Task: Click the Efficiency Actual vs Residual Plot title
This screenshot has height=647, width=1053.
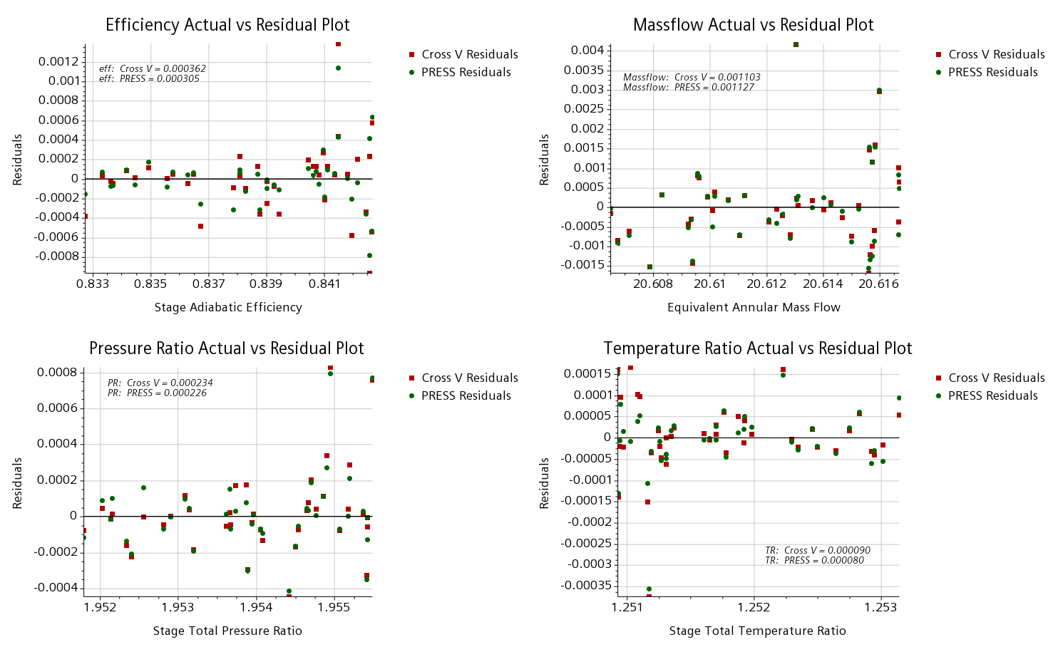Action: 227,25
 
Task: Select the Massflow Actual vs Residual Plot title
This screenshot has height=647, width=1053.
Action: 753,25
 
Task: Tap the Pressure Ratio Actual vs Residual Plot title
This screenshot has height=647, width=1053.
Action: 226,348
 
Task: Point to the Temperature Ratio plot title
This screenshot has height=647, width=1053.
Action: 757,348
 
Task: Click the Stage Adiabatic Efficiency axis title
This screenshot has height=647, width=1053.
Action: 228,307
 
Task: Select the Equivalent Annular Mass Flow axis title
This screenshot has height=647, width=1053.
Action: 754,307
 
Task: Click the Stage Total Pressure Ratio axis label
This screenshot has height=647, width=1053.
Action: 227,631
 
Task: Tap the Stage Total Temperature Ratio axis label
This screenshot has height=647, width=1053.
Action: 757,631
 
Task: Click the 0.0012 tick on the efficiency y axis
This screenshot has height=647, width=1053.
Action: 59,61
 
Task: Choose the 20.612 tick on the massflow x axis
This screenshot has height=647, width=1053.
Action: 766,284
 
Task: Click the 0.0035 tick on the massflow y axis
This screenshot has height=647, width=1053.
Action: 584,70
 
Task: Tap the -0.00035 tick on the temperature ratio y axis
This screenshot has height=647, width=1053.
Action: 587,585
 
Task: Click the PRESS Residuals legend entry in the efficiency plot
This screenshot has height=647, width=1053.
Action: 466,72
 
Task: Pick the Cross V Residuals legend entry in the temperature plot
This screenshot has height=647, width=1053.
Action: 996,378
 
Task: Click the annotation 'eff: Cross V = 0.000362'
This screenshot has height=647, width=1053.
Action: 153,69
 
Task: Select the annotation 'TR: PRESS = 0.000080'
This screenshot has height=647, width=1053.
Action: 814,560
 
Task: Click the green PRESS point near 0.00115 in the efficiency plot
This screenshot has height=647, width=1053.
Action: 338,68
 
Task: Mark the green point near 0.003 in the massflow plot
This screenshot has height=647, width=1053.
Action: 879,90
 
